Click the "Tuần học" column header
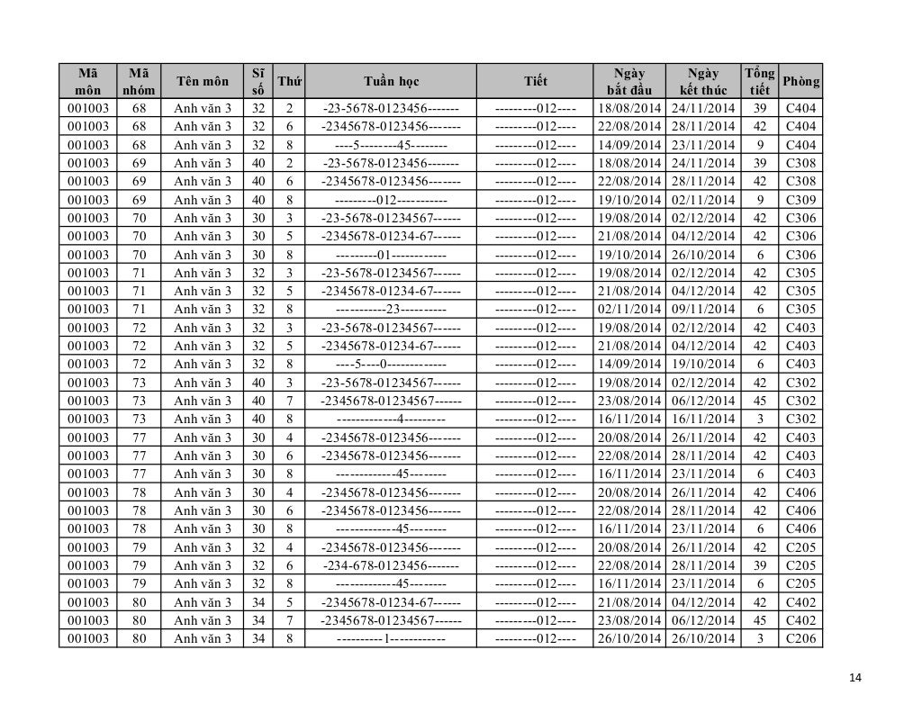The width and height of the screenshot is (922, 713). pos(391,82)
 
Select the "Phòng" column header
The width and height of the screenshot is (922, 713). pos(800,82)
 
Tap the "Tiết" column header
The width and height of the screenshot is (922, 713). pos(536,82)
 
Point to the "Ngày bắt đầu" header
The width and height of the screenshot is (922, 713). pos(628,82)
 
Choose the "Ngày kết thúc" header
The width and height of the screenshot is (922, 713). pos(702,82)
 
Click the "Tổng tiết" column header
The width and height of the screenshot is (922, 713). pos(759,82)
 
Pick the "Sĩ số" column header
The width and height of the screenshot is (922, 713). pos(258,82)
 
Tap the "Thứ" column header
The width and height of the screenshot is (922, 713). pos(289,82)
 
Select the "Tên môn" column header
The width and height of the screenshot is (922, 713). pos(203,82)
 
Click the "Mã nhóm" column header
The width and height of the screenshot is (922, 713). pos(139,82)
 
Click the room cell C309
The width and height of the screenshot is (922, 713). pos(800,200)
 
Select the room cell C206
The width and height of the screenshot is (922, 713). pos(800,638)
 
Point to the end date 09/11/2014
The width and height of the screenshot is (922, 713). pos(702,310)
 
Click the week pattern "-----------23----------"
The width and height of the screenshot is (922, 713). pos(391,310)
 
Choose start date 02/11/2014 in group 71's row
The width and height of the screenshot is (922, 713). pos(628,310)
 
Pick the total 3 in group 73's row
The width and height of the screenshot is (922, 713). pos(759,419)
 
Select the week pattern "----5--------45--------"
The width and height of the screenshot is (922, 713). pos(391,145)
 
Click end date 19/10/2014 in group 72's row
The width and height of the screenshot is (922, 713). pos(702,365)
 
